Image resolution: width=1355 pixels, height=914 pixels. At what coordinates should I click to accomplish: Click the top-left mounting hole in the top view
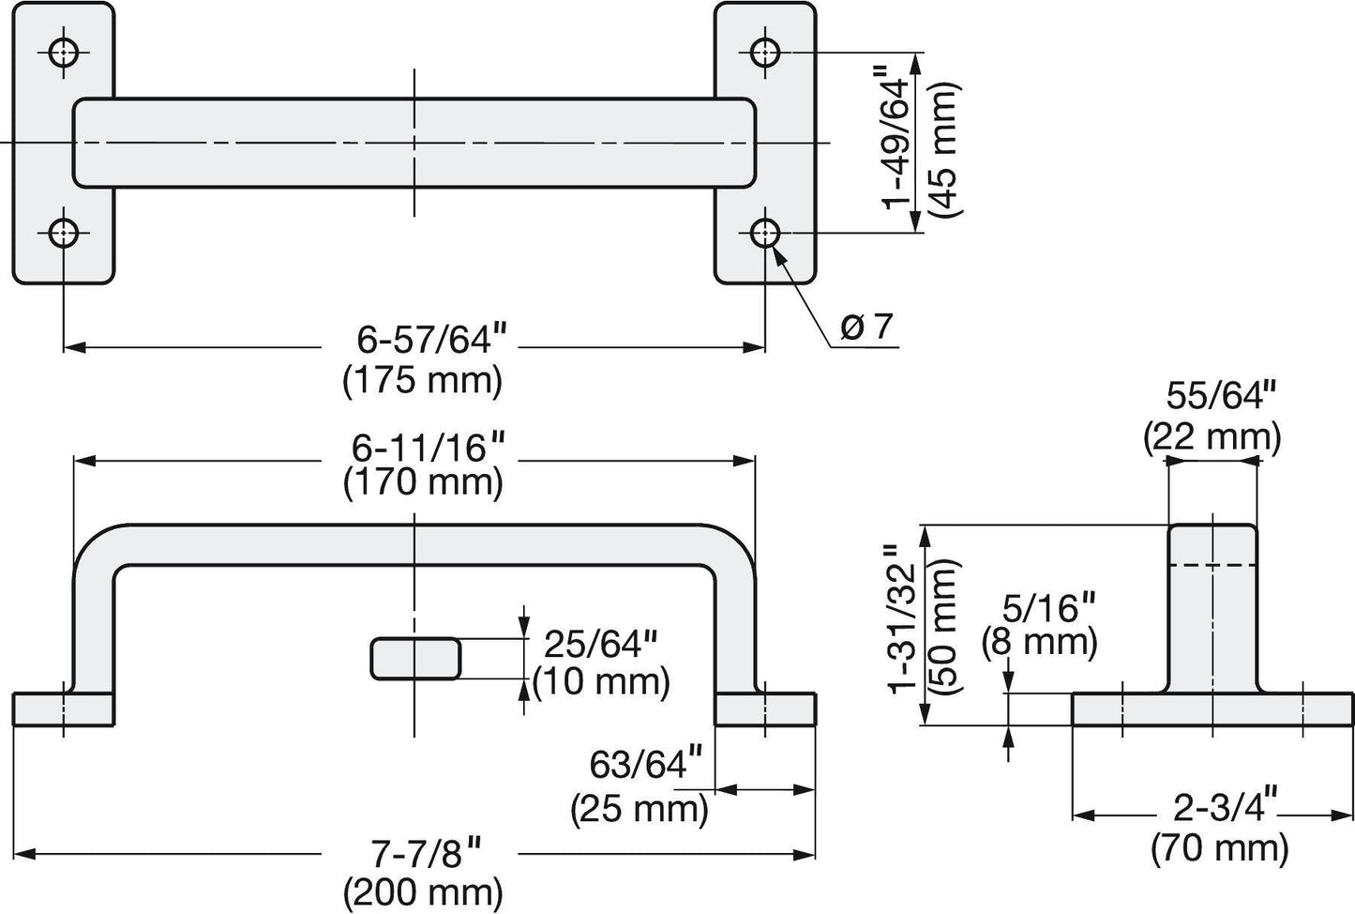point(64,51)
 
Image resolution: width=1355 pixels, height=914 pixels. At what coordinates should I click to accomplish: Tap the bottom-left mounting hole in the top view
point(64,232)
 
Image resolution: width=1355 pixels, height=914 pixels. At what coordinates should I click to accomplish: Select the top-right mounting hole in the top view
point(766,51)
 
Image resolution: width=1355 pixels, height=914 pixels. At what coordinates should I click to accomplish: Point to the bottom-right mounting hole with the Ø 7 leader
point(766,232)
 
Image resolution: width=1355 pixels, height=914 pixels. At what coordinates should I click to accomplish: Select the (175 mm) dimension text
point(423,381)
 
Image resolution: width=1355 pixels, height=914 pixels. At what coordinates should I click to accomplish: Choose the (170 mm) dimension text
point(423,482)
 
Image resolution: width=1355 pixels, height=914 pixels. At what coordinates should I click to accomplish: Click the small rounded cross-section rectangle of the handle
point(415,659)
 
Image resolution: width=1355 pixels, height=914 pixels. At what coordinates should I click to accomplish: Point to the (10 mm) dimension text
point(601,681)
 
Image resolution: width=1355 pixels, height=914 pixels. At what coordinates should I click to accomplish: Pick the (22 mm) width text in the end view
point(1212,436)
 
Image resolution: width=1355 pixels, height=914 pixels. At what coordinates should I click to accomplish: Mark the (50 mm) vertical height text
point(942,627)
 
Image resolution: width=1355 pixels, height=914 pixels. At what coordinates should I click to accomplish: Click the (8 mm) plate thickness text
point(1039,643)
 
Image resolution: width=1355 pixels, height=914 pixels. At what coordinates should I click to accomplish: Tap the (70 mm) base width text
point(1219,849)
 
